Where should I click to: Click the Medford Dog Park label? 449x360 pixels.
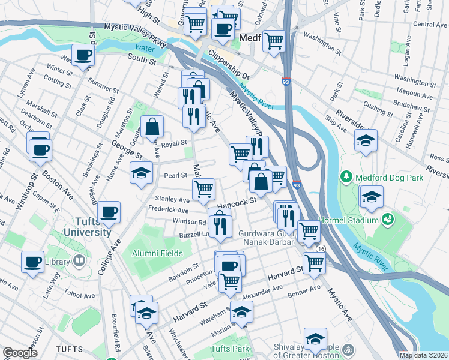[390, 178]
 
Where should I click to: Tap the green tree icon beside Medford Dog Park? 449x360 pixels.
[346, 177]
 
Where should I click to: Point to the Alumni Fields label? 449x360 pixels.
[157, 253]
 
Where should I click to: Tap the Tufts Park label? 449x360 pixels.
[229, 349]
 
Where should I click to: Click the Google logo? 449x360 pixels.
[20, 353]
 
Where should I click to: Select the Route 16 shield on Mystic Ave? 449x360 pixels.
[322, 248]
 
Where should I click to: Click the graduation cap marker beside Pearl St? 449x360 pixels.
[141, 173]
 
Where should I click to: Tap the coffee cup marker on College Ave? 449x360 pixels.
[109, 211]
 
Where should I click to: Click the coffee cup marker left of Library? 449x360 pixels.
[32, 262]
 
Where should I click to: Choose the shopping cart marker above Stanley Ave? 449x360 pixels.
[203, 189]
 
